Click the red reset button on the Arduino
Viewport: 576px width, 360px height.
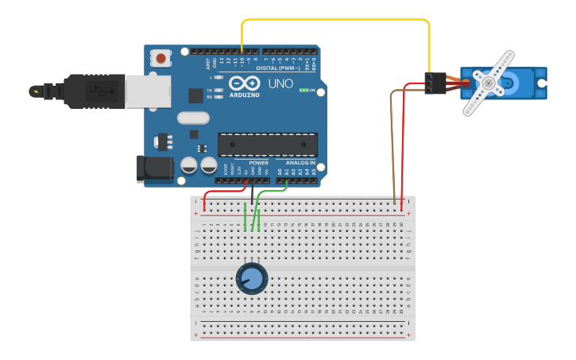click(162, 58)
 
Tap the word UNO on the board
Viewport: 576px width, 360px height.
click(280, 83)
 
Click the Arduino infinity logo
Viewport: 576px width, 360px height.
click(244, 83)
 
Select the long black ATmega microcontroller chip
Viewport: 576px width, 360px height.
click(268, 145)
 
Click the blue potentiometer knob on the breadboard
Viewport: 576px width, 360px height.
click(252, 278)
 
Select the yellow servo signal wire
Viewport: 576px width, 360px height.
click(334, 20)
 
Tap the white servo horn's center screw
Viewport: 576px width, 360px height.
click(489, 82)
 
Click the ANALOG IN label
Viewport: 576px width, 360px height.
click(300, 162)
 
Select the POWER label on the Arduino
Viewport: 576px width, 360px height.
click(258, 162)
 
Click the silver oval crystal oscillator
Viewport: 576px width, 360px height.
click(193, 118)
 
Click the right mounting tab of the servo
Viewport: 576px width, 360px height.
click(541, 83)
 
